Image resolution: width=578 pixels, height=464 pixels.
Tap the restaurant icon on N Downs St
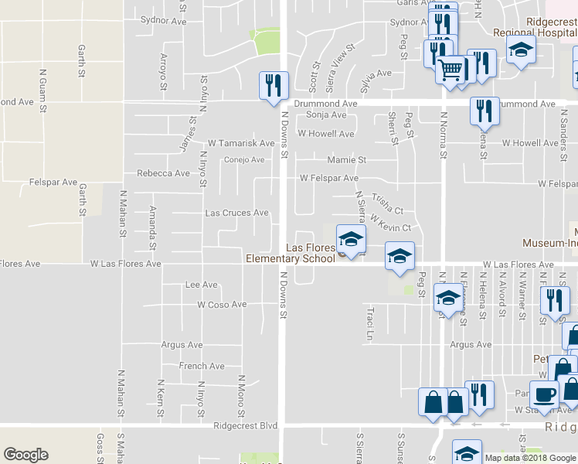(273, 87)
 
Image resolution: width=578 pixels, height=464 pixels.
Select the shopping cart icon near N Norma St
(450, 71)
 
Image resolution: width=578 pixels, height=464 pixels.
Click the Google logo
(25, 455)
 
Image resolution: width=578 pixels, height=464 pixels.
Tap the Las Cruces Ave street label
(236, 213)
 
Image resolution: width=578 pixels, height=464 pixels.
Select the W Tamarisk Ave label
(241, 143)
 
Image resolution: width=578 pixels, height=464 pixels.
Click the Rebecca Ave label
(163, 173)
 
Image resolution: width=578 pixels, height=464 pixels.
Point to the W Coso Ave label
(221, 305)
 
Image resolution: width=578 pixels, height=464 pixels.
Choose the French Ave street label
(202, 366)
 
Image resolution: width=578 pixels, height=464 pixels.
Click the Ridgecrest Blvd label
(246, 425)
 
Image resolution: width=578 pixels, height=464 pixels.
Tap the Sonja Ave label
(326, 114)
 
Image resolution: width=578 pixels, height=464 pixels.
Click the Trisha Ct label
(387, 204)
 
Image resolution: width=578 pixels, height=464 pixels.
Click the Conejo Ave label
(244, 160)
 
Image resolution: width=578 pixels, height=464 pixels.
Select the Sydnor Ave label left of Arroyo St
(164, 21)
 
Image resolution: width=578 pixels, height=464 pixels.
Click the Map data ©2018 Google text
(529, 458)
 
